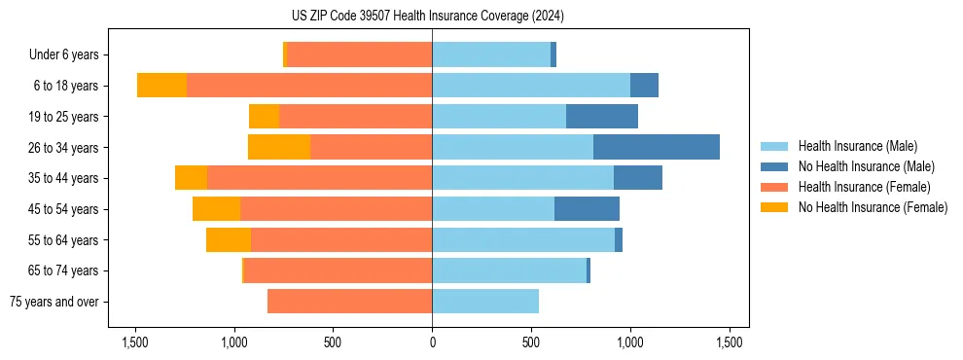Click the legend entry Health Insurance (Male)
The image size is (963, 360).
click(x=857, y=146)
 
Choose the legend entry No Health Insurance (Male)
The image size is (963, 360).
click(x=866, y=166)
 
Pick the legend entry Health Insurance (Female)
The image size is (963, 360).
click(x=865, y=187)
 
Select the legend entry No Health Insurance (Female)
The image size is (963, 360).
click(x=873, y=207)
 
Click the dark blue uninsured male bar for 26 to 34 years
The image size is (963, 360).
click(x=657, y=148)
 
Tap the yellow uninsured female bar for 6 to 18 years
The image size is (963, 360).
click(x=161, y=86)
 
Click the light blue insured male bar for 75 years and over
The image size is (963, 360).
click(x=485, y=302)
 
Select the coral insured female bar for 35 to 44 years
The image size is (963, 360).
click(x=319, y=178)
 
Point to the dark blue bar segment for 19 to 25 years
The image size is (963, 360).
click(x=602, y=117)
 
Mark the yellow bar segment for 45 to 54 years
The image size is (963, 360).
click(x=216, y=209)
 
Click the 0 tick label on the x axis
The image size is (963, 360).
click(x=432, y=342)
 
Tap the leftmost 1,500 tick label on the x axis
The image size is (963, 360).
click(x=134, y=342)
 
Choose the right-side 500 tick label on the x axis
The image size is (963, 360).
click(x=531, y=342)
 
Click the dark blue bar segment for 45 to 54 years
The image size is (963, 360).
click(x=587, y=209)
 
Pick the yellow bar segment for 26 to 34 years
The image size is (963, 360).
click(x=279, y=148)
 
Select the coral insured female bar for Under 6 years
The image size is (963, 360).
click(x=359, y=55)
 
